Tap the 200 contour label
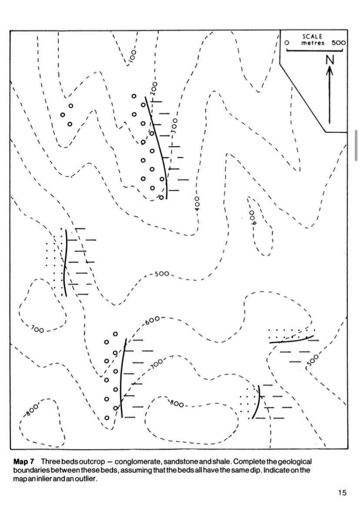tap(154, 89)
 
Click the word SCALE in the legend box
tap(313, 36)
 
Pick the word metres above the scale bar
tap(313, 43)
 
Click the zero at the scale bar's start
tap(287, 43)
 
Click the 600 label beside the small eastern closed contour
tap(252, 218)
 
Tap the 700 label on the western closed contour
tap(37, 330)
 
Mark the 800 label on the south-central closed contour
tap(177, 403)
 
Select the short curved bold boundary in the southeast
tap(257, 402)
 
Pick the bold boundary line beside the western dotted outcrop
tap(65, 263)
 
